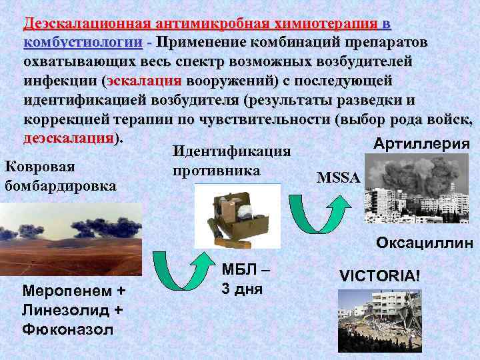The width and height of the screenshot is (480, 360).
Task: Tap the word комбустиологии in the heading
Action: point(83,43)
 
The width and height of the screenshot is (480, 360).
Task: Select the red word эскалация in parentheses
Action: point(144,81)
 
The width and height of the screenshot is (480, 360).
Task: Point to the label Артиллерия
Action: point(421,144)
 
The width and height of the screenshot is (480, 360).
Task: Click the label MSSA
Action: point(338,179)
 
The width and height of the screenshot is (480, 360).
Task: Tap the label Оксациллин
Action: point(424,243)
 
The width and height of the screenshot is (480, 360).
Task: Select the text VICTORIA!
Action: point(380,275)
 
